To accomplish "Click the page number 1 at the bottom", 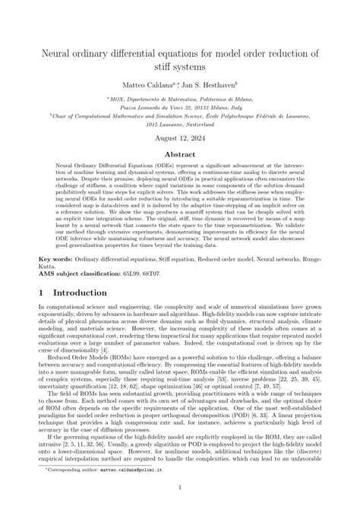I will click(x=180, y=490).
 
